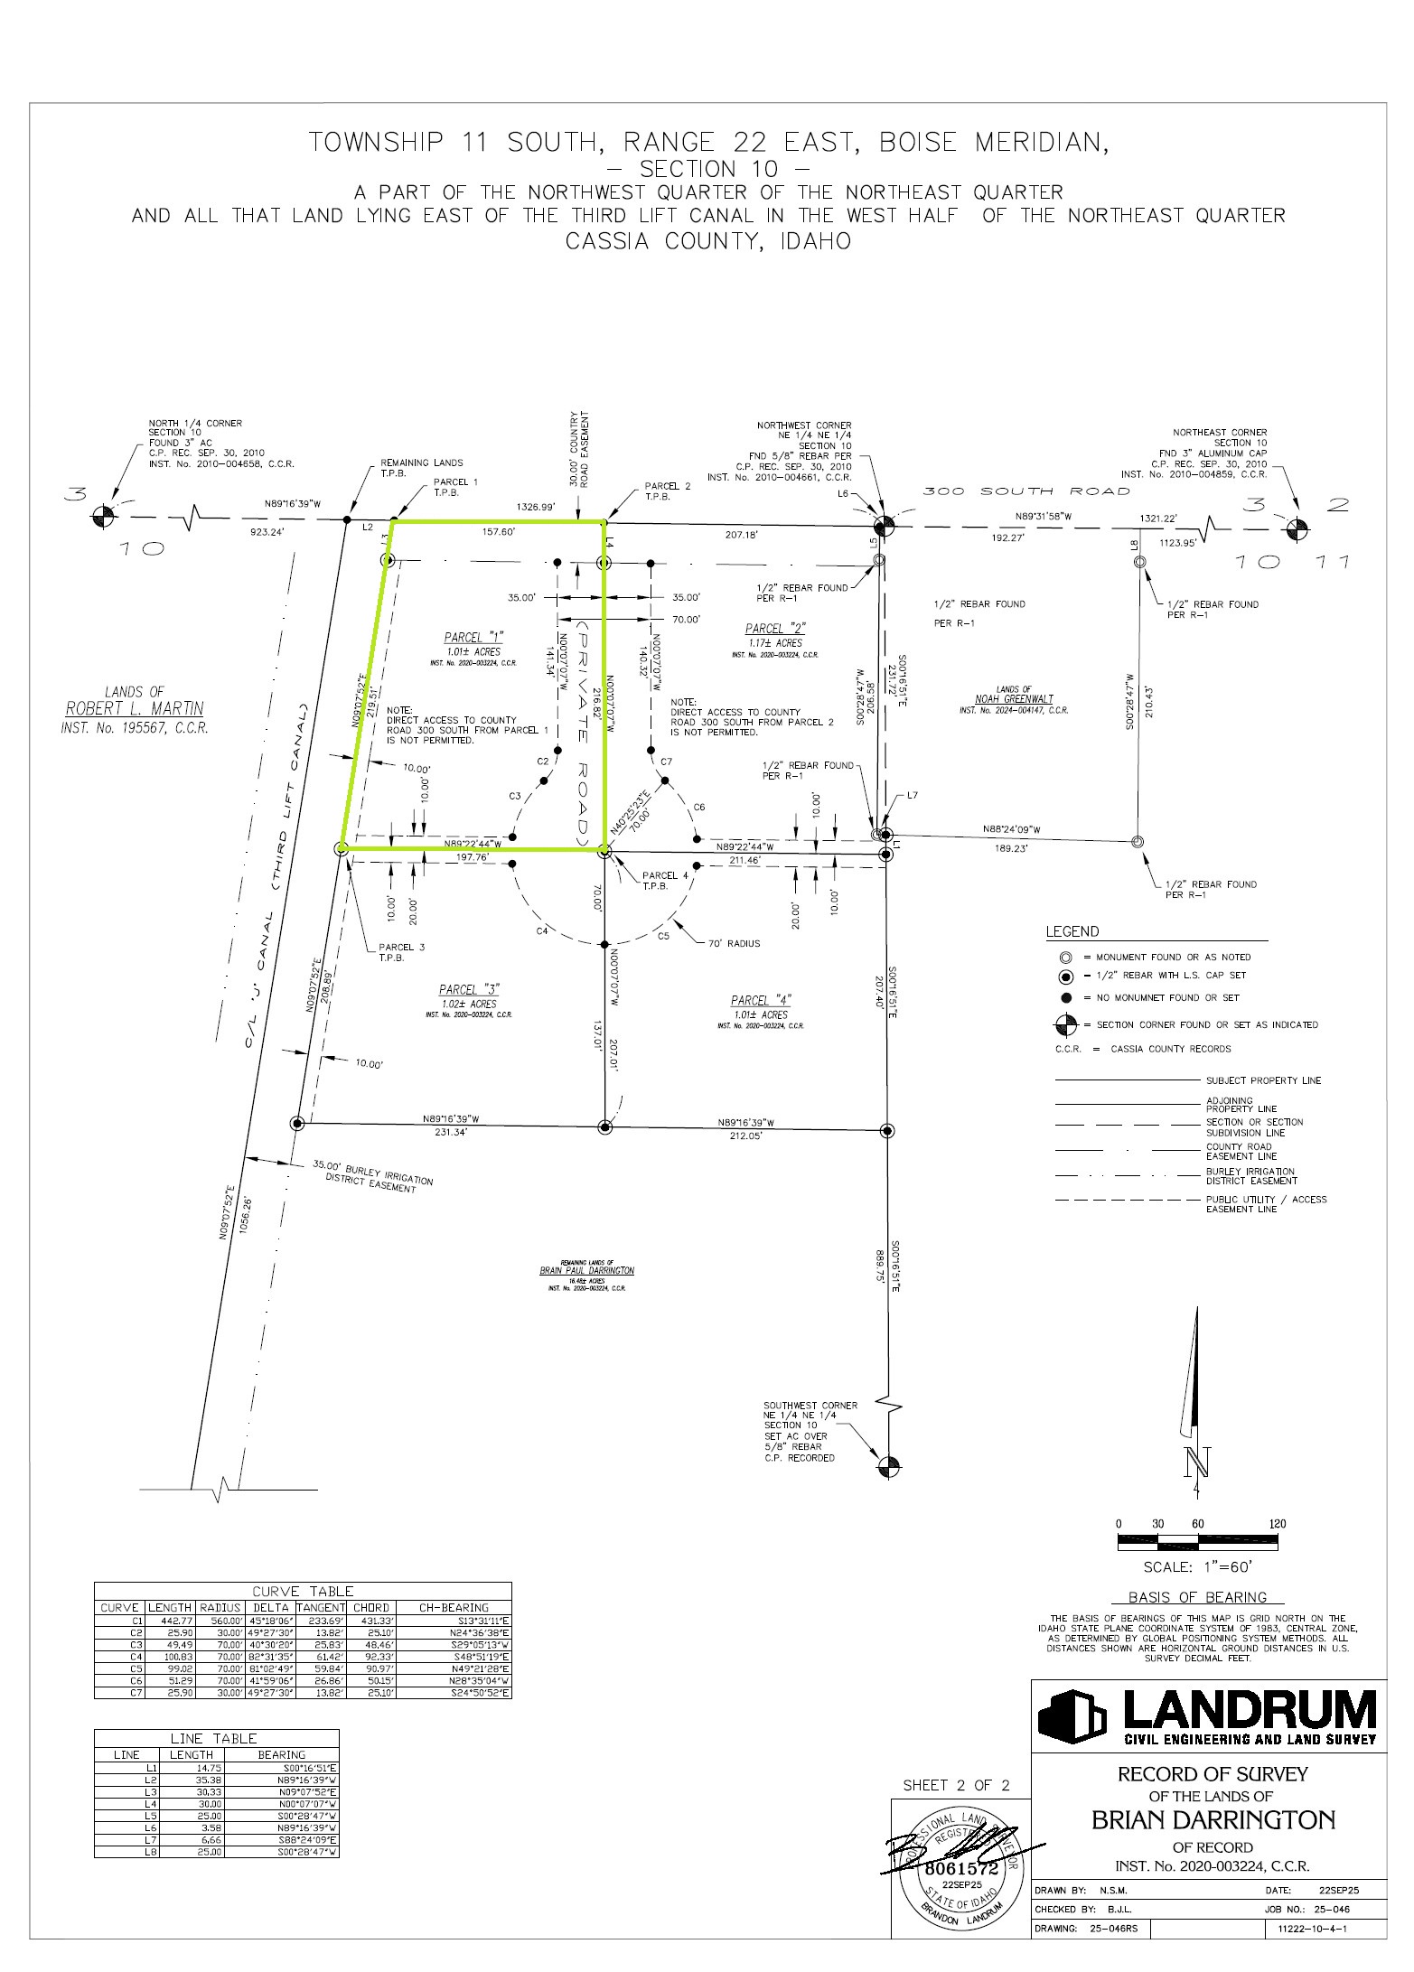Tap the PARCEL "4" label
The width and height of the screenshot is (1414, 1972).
761,1000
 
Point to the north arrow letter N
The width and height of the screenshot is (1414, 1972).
1199,1462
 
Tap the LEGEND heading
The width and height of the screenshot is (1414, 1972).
1072,931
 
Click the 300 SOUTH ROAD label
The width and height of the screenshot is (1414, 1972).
1025,491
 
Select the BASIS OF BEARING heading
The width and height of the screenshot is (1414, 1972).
1197,1597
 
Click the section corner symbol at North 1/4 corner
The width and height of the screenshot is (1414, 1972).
104,517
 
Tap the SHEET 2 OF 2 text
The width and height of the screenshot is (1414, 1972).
955,1785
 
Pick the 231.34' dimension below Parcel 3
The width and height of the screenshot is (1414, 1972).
449,1132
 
